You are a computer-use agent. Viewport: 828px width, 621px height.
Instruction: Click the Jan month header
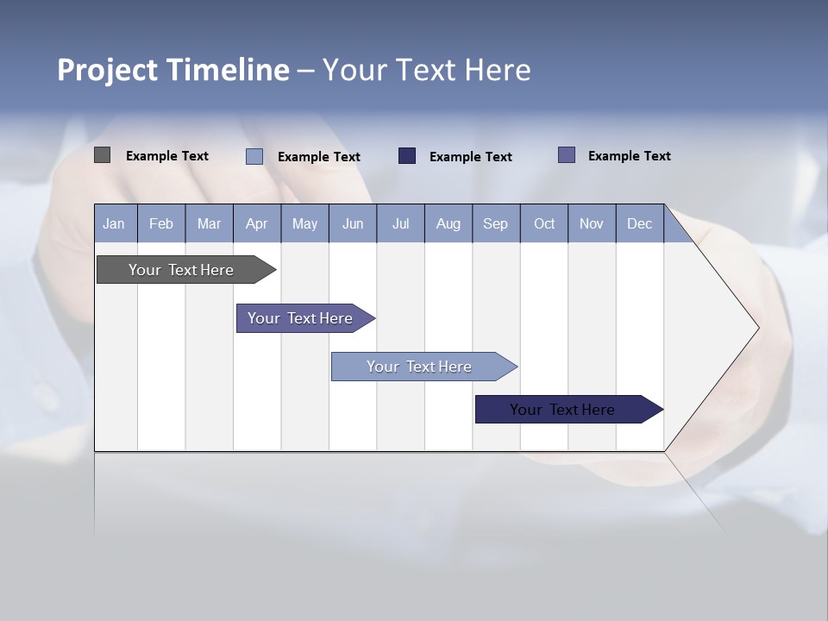point(114,224)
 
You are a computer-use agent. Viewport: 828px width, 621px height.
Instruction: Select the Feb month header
point(161,224)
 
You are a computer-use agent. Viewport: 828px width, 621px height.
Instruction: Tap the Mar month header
point(209,224)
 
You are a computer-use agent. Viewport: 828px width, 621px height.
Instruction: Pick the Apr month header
point(257,224)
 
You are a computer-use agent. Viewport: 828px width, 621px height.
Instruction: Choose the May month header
point(304,224)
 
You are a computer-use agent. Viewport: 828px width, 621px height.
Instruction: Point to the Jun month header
point(353,224)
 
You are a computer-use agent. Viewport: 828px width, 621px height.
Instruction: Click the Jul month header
point(400,224)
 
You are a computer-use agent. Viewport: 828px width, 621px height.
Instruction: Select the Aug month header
point(448,224)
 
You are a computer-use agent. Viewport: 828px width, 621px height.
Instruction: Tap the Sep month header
point(496,224)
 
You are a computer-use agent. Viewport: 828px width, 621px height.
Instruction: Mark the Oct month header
point(544,224)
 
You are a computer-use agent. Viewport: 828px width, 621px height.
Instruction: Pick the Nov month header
point(592,224)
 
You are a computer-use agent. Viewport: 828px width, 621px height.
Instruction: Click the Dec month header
point(640,224)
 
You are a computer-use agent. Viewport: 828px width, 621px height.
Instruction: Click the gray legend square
point(103,155)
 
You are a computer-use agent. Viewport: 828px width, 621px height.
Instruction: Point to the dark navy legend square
point(407,156)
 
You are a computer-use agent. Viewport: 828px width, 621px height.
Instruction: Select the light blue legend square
point(254,156)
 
